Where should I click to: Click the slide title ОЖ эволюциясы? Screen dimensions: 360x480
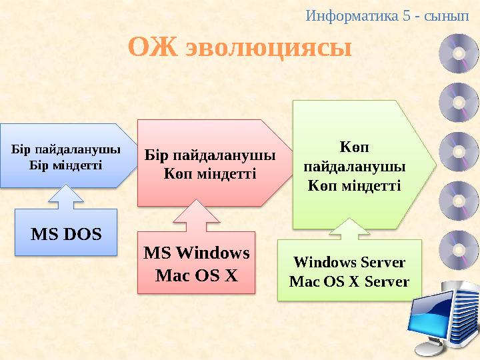click(x=239, y=48)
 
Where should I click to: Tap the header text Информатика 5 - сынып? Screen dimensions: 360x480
click(x=391, y=14)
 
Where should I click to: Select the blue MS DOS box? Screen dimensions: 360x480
click(x=66, y=233)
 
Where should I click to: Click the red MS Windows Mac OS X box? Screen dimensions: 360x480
click(x=197, y=263)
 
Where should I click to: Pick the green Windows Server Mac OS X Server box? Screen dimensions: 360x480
click(x=349, y=271)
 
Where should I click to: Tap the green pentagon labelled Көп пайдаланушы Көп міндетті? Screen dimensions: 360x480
click(x=357, y=163)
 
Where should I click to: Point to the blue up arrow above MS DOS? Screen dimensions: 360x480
click(x=66, y=197)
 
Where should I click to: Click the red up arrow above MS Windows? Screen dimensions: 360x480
click(x=197, y=217)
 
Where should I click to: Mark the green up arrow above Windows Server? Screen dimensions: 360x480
click(x=349, y=230)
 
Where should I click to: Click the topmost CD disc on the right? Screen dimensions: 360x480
click(x=459, y=53)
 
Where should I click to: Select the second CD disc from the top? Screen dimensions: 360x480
click(x=459, y=101)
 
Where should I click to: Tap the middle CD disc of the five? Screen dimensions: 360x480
click(x=459, y=150)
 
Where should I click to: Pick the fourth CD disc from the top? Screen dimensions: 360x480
click(x=459, y=199)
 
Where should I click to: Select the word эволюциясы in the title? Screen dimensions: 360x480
click(x=268, y=48)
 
